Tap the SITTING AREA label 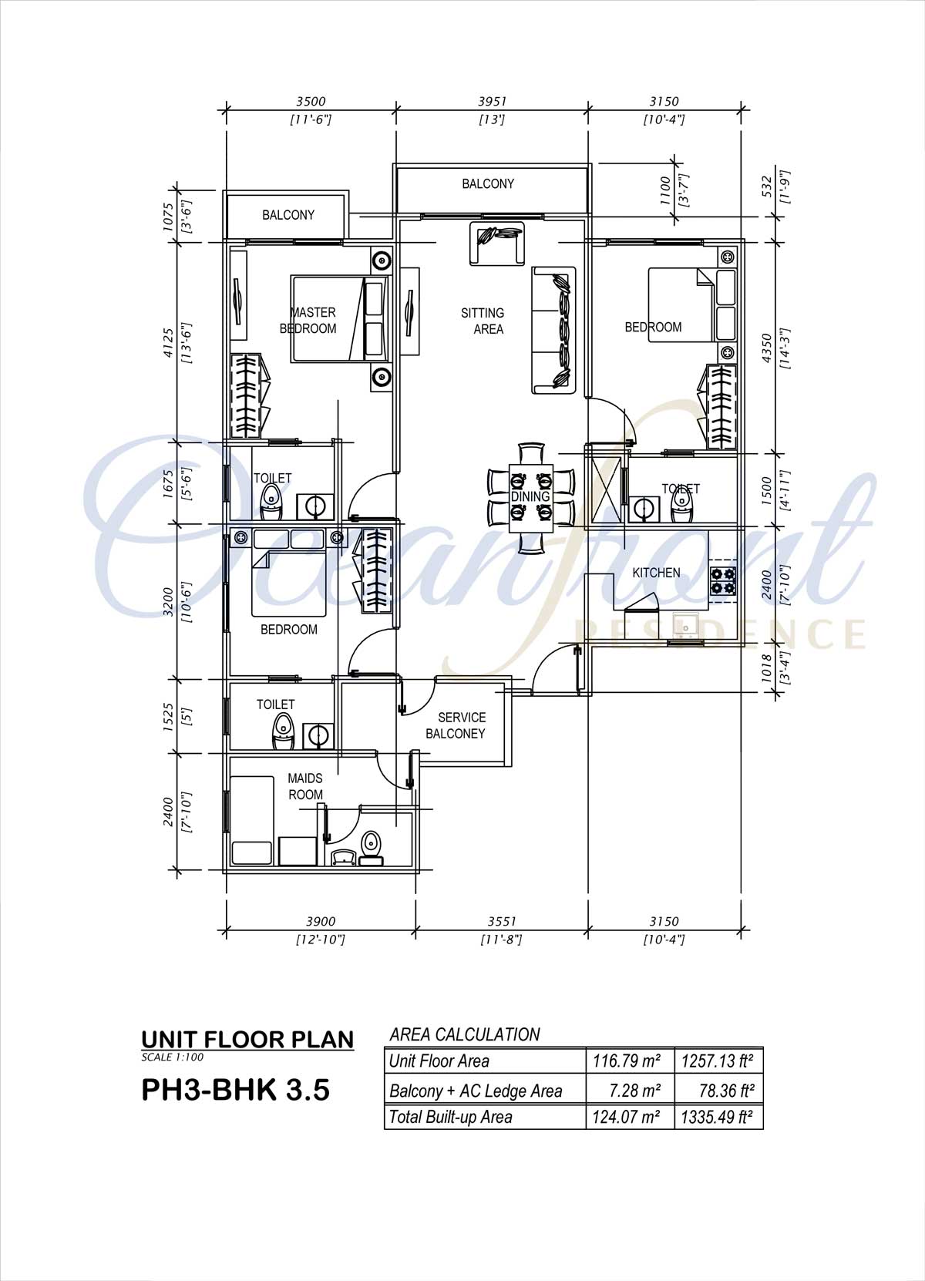click(483, 321)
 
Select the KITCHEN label click(656, 573)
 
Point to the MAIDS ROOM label click(305, 786)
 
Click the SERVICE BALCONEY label click(456, 725)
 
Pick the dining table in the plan click(531, 498)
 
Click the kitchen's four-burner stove click(722, 581)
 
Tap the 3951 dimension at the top click(493, 101)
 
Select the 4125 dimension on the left click(168, 342)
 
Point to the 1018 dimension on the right click(767, 667)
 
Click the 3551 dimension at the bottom click(502, 921)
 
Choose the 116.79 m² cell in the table click(627, 1061)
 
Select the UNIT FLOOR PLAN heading click(247, 1040)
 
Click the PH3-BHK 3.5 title click(236, 1089)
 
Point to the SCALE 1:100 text click(172, 1057)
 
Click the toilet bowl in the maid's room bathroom click(371, 849)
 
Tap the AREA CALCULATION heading click(465, 1034)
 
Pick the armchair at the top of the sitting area click(497, 244)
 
